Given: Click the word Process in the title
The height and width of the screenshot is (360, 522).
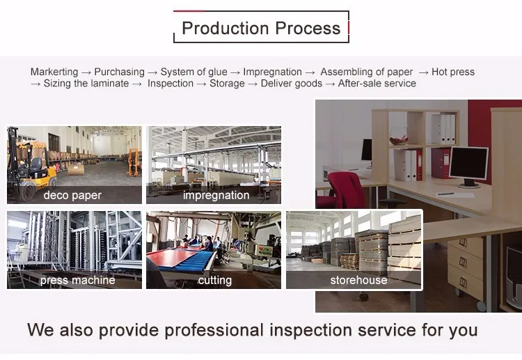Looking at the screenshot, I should coord(307,29).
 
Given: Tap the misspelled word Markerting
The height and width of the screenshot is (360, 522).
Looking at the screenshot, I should coord(54,72).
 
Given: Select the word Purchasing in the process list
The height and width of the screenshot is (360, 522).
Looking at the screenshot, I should coord(119,72).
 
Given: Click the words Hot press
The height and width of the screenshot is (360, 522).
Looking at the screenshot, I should coord(453,72).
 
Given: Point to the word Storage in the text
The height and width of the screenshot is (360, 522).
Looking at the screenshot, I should coord(227,84).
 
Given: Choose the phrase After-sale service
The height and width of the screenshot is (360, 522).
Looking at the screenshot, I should coord(377,84).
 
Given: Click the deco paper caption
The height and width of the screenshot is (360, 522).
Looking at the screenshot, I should coord(72,195).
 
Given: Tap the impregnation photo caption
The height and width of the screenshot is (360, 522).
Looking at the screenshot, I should coord(216,195).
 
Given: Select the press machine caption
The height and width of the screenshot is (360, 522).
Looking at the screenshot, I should coord(78,280).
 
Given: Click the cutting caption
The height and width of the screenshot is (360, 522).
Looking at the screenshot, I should coord(214,280).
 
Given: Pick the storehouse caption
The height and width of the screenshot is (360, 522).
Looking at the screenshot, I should coord(358,280).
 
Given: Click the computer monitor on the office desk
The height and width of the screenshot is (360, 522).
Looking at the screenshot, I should coord(468,164).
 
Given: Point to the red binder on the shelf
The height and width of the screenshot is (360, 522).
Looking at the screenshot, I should coord(440,164).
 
